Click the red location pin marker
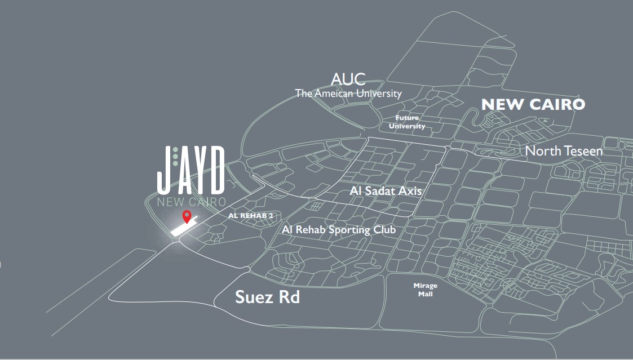(x=187, y=216)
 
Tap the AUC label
(x=348, y=79)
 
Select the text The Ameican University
(x=348, y=94)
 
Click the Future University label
(x=406, y=122)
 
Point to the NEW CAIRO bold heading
(x=533, y=104)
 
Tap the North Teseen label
(x=564, y=151)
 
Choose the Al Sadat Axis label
(x=386, y=190)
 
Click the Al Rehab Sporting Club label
(x=338, y=229)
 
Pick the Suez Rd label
(x=267, y=297)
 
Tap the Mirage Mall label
(x=425, y=290)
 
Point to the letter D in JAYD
(x=216, y=168)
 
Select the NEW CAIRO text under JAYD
(x=192, y=202)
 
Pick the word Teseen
(x=583, y=151)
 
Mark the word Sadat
(x=379, y=190)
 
